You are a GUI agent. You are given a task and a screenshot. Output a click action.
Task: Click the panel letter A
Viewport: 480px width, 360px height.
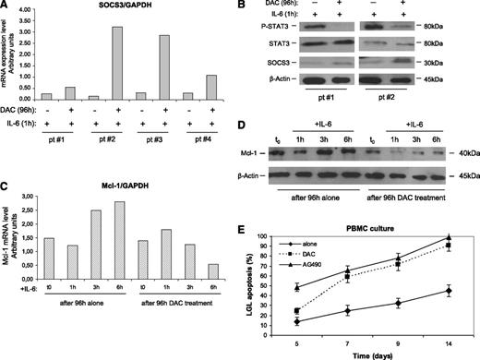point(7,8)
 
